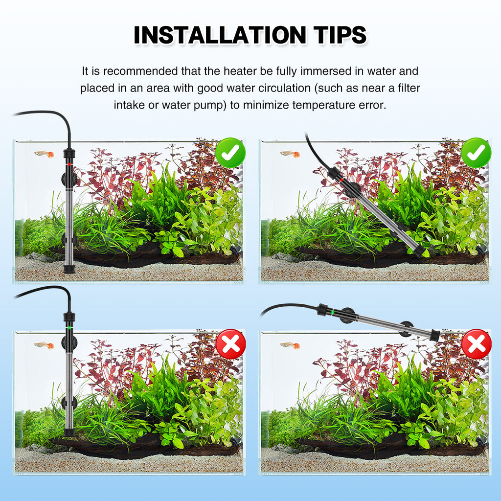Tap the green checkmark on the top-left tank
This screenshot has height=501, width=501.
pyautogui.click(x=230, y=153)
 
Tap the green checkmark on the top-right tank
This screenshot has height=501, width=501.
pyautogui.click(x=476, y=153)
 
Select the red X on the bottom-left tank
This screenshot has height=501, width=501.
pyautogui.click(x=231, y=344)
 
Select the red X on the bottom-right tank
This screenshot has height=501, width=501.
pyautogui.click(x=477, y=344)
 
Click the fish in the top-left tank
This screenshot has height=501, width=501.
pyautogui.click(x=45, y=154)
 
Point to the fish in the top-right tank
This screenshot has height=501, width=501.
pyautogui.click(x=290, y=154)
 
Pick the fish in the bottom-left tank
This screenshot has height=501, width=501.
pyautogui.click(x=45, y=345)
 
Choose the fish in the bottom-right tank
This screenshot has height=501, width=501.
pyautogui.click(x=290, y=345)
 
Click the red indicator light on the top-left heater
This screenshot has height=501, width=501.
pyautogui.click(x=69, y=164)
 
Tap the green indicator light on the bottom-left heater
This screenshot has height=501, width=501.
pyautogui.click(x=69, y=327)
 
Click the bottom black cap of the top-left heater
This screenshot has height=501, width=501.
pyautogui.click(x=69, y=269)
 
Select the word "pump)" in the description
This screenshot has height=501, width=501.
pyautogui.click(x=210, y=105)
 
